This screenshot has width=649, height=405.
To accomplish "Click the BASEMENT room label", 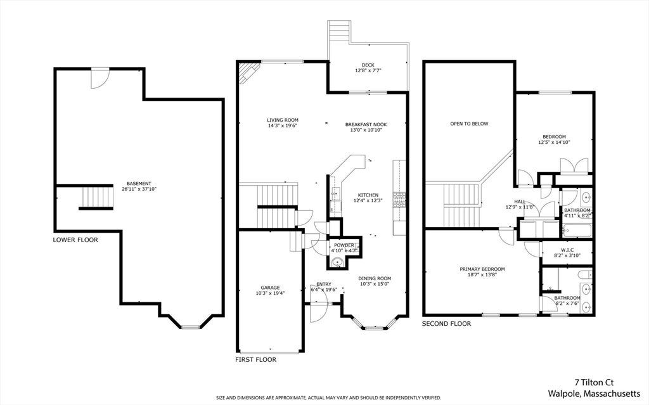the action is click(x=139, y=183).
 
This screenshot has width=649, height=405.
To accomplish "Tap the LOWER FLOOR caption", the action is click(x=75, y=240).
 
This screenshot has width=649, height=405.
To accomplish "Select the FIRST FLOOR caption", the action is click(x=256, y=359).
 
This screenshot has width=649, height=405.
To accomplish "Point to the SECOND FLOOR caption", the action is click(x=446, y=323).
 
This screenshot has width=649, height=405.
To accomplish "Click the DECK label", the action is click(x=368, y=65).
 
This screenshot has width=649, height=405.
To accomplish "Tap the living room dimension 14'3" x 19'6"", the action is click(x=283, y=125).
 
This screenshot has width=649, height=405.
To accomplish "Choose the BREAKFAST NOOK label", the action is click(x=366, y=124).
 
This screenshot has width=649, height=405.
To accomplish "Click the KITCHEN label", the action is click(x=368, y=195).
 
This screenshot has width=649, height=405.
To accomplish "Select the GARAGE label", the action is click(x=270, y=287).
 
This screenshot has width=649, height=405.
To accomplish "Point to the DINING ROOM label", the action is click(x=375, y=278).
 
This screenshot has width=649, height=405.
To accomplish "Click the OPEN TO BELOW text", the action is click(x=470, y=124).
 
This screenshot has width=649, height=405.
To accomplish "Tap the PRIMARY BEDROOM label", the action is click(x=482, y=269).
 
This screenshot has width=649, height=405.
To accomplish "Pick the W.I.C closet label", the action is click(x=567, y=250).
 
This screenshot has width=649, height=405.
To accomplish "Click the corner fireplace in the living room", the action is click(x=249, y=73).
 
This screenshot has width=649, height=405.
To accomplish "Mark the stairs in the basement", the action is click(x=97, y=197).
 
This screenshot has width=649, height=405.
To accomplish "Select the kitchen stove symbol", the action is click(x=399, y=200).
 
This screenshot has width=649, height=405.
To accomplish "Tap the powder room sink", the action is click(x=338, y=262).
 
